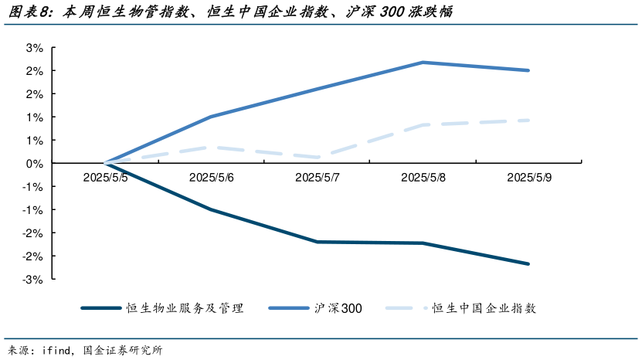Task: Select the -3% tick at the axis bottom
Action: click(x=35, y=279)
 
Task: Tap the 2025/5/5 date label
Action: click(x=106, y=177)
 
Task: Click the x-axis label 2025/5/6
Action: click(x=212, y=177)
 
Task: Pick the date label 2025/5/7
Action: click(x=318, y=177)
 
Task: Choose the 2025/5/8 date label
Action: click(x=423, y=177)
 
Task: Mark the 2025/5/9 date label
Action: click(x=529, y=177)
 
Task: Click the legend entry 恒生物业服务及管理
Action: click(x=185, y=308)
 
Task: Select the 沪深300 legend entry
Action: click(x=338, y=308)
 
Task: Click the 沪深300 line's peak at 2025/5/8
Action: click(x=423, y=62)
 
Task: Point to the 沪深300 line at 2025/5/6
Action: click(x=212, y=117)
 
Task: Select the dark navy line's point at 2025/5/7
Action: click(x=318, y=242)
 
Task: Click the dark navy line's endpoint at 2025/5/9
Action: click(x=529, y=264)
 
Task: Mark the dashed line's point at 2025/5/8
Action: click(x=423, y=124)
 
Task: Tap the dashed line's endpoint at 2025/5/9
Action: click(x=529, y=120)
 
